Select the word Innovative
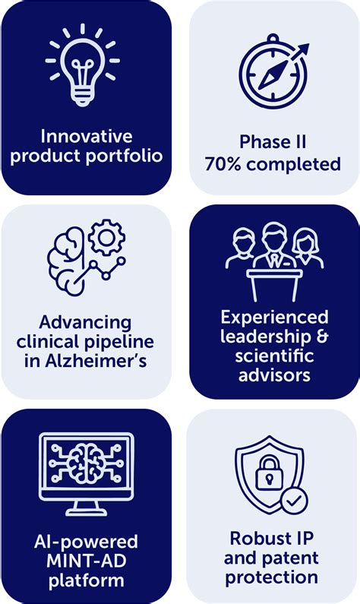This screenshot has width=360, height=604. [x=87, y=138]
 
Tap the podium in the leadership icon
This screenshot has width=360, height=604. [x=274, y=282]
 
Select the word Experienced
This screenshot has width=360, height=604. [x=274, y=317]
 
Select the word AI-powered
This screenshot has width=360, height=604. [x=86, y=542]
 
